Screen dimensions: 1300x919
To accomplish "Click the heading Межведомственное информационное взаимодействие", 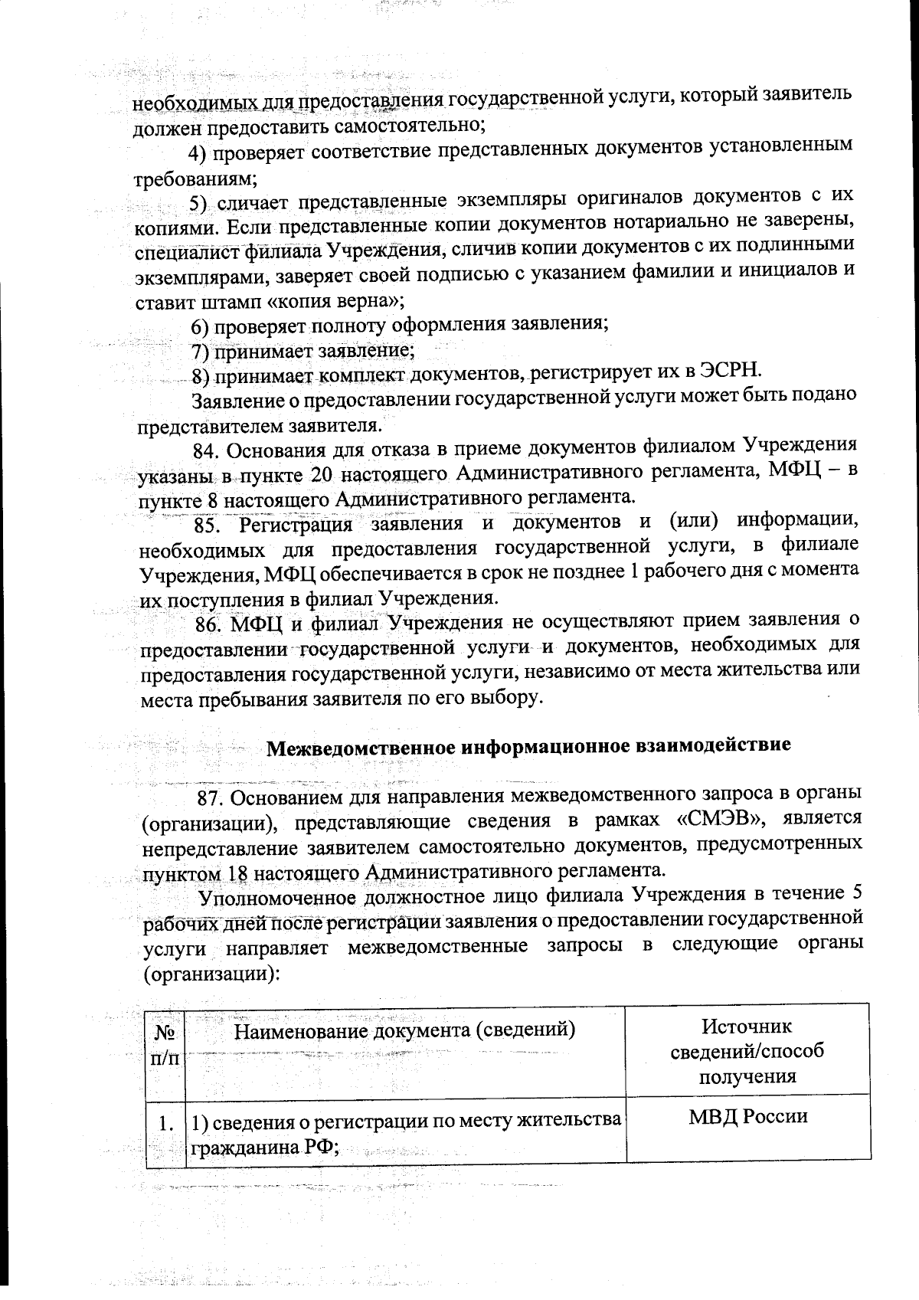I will pos(528,747).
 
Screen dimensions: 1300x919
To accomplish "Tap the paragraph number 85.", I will pos(208,526).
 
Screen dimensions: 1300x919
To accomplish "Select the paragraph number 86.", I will pos(208,624).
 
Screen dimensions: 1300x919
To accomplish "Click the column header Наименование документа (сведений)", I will pos(404,1030).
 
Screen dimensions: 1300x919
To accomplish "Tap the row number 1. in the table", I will pos(164,1124).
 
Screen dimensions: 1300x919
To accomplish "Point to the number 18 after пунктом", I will pos(236,873).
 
